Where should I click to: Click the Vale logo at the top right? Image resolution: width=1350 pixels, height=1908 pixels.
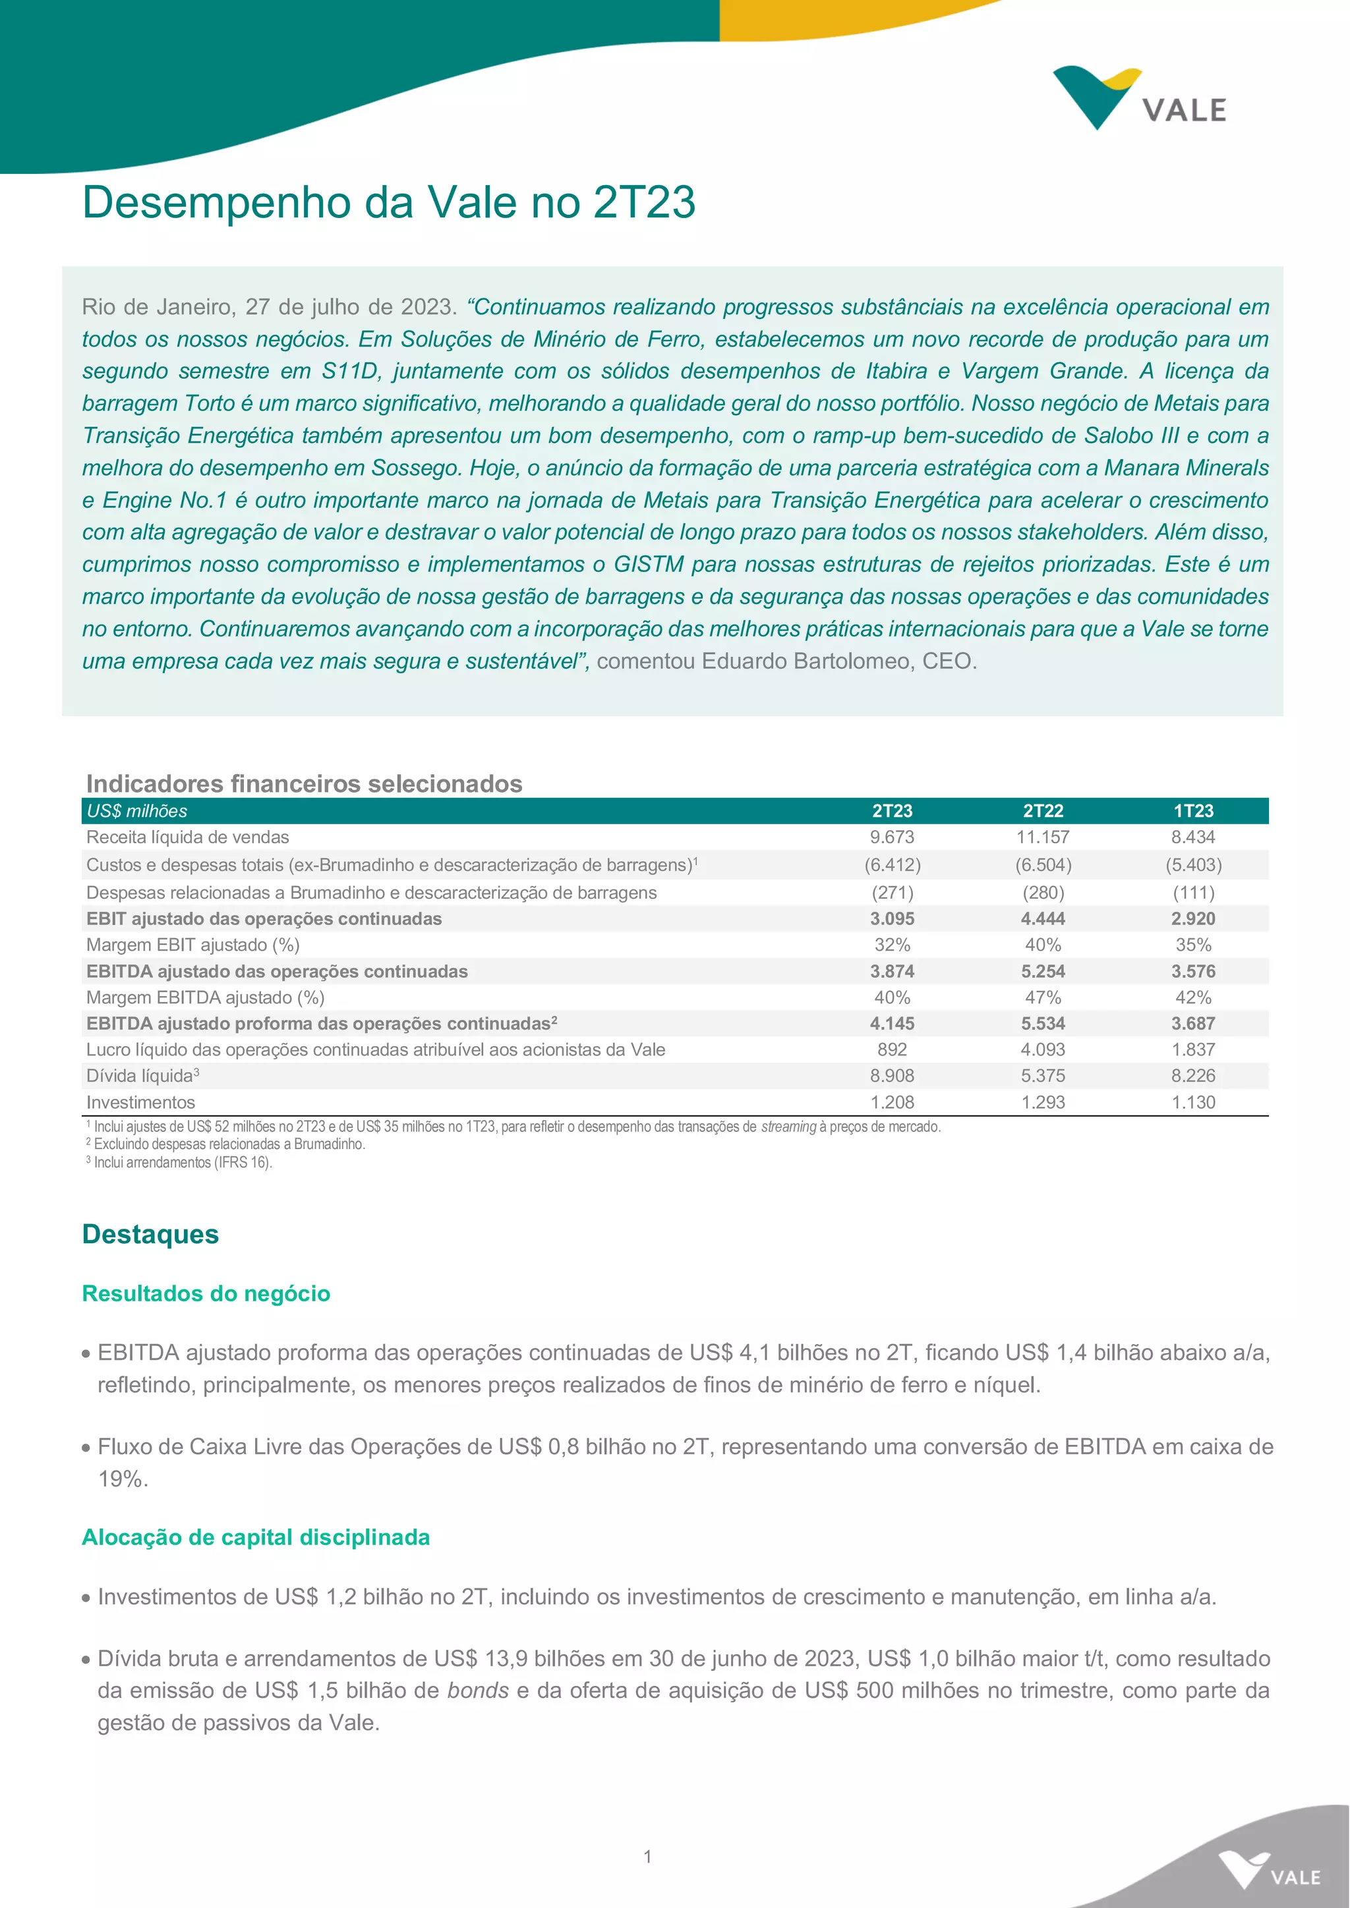coord(1139,98)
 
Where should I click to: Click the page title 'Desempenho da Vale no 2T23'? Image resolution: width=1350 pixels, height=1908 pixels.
coord(388,202)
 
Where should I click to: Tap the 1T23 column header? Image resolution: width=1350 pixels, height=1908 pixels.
coord(1193,811)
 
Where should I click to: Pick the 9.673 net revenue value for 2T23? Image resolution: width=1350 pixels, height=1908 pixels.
coord(892,837)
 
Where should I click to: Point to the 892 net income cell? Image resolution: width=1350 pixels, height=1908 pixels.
coord(892,1050)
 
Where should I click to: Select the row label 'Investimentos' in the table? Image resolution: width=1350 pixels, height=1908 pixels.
coord(140,1103)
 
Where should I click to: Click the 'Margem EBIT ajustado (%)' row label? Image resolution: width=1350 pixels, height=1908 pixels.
coord(193,945)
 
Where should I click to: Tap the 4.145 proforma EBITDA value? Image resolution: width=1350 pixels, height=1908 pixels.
coord(892,1024)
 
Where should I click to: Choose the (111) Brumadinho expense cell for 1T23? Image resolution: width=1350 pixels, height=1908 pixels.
coord(1193,893)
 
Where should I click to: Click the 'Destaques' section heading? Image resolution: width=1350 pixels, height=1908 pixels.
coord(150,1234)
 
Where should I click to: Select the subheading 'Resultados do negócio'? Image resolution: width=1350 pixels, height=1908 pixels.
coord(206,1294)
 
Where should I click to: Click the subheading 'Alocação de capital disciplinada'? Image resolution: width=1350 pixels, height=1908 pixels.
coord(256,1537)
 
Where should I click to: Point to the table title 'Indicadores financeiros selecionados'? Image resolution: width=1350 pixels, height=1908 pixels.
coord(305,783)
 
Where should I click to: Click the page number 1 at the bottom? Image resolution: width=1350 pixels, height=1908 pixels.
coord(647,1857)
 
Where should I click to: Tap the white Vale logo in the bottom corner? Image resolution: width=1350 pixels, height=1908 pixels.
coord(1268,1870)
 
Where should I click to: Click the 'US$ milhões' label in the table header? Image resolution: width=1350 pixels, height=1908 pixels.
coord(137,811)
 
